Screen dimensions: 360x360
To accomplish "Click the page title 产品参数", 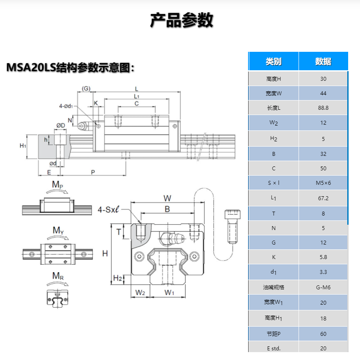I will point(181,20).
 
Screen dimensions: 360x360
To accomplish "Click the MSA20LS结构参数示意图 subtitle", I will point(70,68).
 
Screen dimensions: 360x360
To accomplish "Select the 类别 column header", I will point(274,61).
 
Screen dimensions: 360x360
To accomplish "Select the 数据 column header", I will point(323,61).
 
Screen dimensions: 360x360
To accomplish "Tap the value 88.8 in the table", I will point(323,108).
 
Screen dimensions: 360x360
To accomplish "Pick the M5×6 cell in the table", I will point(323,183).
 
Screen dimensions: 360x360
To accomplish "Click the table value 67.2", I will point(323,198).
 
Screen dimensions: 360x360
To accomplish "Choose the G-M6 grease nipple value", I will point(323,287).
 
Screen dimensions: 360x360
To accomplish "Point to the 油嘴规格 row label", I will point(274,287).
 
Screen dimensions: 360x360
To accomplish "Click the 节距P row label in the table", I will point(274,334).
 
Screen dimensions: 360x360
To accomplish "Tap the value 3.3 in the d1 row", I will point(323,272).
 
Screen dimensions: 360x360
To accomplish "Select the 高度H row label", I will point(274,79).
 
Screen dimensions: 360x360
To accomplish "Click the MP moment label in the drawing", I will point(58,185).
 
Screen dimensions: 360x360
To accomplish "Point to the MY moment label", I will point(58,230).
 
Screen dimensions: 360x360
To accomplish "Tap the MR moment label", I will point(58,276).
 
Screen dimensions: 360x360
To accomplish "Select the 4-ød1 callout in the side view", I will point(66,106).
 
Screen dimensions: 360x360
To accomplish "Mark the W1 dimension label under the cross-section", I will point(169,292).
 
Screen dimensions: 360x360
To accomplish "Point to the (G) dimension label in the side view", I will point(86,88).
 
